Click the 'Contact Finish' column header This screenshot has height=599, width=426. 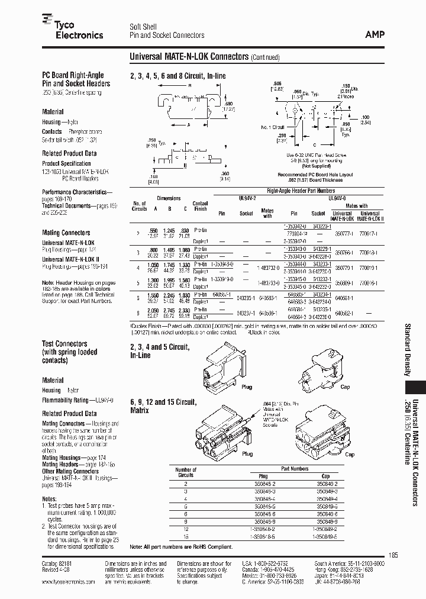click(201, 206)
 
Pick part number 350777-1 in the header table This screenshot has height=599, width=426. click(341, 234)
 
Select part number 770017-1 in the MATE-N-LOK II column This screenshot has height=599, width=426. click(370, 234)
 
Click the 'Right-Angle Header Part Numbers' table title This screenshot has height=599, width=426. click(301, 191)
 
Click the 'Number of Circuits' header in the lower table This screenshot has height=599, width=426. click(186, 472)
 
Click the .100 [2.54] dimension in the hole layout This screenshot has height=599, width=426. click(365, 119)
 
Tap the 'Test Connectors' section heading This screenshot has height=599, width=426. click(64, 344)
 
